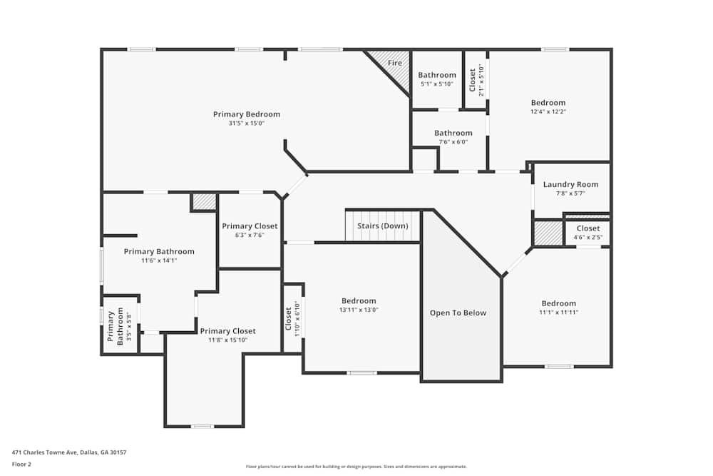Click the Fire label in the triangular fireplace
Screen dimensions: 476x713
point(394,63)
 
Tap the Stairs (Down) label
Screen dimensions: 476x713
point(383,226)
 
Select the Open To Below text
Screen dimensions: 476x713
point(458,313)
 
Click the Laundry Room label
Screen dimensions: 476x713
point(570,184)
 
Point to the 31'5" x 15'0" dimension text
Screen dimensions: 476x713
point(246,123)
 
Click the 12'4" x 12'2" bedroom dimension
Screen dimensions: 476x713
point(548,112)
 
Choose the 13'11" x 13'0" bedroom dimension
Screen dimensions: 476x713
point(358,310)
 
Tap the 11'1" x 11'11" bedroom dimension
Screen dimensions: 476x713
point(558,313)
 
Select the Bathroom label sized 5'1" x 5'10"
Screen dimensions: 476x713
point(436,75)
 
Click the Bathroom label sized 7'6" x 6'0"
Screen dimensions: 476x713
point(453,133)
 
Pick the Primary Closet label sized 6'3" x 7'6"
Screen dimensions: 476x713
point(249,226)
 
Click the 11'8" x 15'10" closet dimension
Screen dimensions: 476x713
point(227,340)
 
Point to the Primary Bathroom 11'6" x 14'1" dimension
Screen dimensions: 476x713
point(158,260)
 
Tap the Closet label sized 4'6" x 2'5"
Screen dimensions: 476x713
point(588,228)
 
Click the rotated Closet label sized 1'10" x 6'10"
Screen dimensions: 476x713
point(288,318)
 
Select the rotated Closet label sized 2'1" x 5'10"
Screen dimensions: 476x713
point(472,79)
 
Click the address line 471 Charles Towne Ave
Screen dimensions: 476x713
point(69,452)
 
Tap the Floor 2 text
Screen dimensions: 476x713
point(22,464)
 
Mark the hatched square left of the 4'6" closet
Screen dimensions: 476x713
point(548,233)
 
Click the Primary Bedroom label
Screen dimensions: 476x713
point(246,114)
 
